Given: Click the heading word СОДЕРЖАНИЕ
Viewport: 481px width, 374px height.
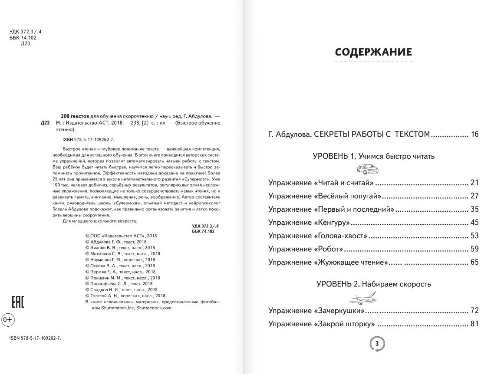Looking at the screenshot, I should click(373, 52).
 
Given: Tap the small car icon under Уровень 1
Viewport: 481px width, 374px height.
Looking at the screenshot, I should click(364, 169).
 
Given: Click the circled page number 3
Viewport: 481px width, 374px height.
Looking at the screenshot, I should click(377, 344).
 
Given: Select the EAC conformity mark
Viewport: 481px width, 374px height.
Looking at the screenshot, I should click(17, 302).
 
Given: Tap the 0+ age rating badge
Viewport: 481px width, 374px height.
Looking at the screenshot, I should click(8, 320).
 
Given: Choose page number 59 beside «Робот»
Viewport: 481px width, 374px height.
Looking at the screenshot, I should click(474, 249).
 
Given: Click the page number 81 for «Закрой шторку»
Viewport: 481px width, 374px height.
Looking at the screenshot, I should click(474, 324).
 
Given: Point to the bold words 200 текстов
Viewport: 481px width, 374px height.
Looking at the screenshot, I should click(75, 116).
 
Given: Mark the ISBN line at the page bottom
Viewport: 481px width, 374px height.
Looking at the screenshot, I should click(35, 338).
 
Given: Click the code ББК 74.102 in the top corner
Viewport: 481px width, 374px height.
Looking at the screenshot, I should click(23, 38).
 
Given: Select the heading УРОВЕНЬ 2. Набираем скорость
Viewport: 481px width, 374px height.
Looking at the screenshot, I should click(373, 284).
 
